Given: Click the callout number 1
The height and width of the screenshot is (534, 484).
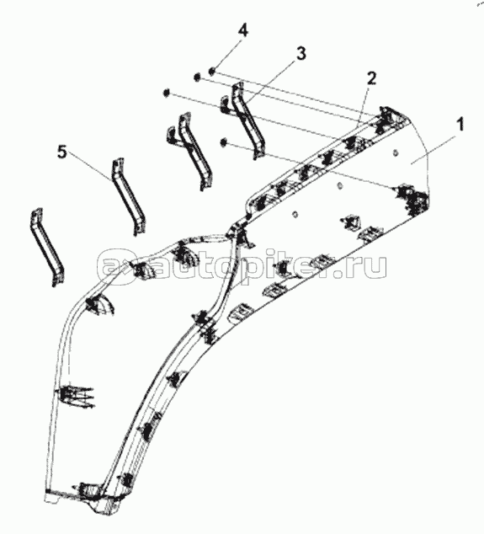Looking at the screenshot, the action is tap(460, 124).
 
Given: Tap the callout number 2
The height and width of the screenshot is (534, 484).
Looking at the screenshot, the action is tap(371, 78).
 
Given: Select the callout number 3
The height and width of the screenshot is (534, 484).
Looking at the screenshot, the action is tap(301, 54).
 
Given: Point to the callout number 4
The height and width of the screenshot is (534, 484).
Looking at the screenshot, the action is tap(242, 30).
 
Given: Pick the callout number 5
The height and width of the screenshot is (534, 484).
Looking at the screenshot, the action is tap(62, 152).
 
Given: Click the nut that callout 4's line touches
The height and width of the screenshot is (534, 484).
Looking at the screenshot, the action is tap(211, 72).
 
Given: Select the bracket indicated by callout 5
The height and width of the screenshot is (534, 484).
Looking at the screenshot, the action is tap(128, 197).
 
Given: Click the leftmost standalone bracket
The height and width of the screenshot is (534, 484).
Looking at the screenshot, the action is tap(47, 247).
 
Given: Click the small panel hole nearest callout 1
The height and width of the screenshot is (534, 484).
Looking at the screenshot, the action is tap(395, 152).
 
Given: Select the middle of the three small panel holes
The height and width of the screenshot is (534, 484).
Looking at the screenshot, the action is tap(338, 185).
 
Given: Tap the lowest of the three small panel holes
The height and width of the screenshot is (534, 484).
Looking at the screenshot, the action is tap(295, 214).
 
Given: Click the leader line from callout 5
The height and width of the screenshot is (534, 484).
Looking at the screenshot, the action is tap(90, 167).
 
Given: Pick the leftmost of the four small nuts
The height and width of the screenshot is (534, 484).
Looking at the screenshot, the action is tap(167, 93).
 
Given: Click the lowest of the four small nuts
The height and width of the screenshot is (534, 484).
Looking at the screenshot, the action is tap(224, 142).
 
